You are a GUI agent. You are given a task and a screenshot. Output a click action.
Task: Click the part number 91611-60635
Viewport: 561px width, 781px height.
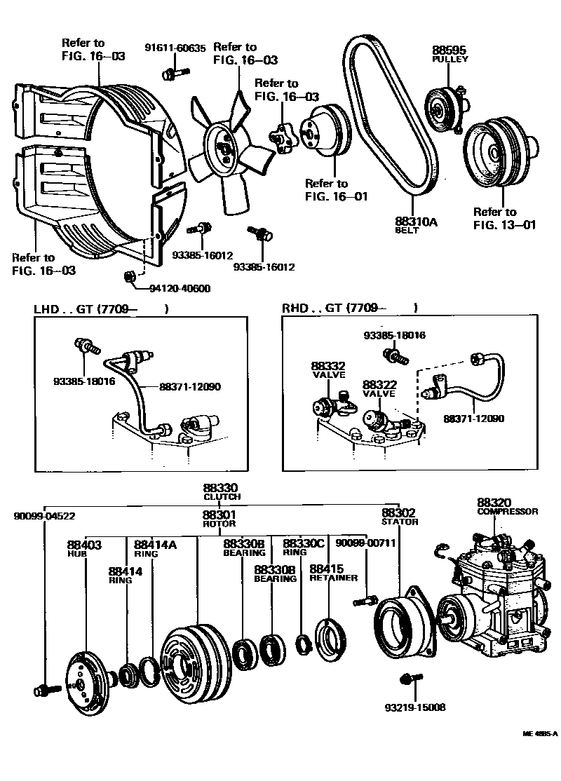175,48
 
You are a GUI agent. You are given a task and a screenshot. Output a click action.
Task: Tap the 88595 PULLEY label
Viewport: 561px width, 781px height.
449,55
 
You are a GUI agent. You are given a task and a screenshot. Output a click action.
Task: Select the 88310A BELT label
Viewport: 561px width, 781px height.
416,225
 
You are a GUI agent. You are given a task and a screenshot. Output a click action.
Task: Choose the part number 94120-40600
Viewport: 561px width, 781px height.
180,288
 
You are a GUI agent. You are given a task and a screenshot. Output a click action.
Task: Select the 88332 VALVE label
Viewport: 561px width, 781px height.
328,370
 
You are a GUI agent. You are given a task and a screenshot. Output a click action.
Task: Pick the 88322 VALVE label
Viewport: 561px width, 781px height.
379,389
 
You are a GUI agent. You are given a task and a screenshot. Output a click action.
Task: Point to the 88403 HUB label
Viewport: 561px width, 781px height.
84,548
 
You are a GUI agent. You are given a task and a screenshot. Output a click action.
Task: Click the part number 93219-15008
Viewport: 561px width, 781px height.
415,707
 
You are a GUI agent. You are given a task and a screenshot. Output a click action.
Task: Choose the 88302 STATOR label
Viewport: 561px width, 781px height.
399,517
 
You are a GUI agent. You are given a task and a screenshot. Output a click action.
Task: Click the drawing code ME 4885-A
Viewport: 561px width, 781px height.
539,734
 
